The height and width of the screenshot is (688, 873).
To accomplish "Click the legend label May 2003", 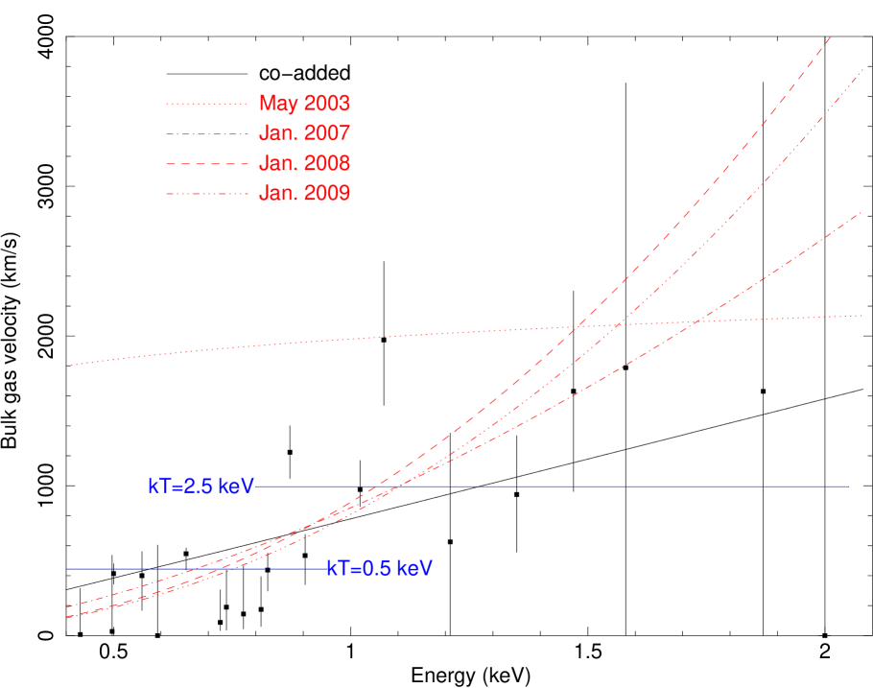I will pos(304,104).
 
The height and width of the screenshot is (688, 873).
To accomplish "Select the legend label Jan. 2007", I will pos(304,133).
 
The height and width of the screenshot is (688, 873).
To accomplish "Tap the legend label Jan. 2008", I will pos(304,164).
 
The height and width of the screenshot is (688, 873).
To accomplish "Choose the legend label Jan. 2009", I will pos(304,194).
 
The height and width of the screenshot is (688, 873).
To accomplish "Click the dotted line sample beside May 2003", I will pos(206,104).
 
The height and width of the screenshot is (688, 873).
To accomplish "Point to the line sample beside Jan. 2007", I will pos(206,133).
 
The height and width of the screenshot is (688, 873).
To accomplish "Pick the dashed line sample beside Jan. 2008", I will pos(206,164).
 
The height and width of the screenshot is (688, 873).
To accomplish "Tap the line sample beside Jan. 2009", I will pos(206,194).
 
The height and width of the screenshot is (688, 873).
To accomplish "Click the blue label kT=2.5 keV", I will pos(201,486).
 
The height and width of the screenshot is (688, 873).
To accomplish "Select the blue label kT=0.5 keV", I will pos(379,569).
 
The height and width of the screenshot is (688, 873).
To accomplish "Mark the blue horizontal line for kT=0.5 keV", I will pos(192,569).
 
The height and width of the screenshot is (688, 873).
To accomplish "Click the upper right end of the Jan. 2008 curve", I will pos(830,36).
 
